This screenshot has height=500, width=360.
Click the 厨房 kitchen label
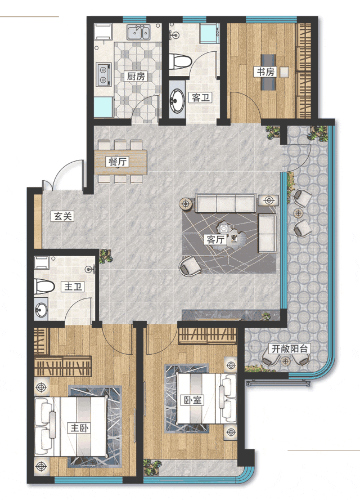click(136, 76)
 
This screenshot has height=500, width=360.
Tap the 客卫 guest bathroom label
click(200, 97)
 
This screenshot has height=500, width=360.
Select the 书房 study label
click(265, 72)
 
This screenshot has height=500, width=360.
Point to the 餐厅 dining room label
click(118, 162)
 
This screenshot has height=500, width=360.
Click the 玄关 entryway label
click(63, 216)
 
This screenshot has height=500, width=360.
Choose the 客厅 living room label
click(215, 239)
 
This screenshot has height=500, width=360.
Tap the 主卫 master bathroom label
click(73, 287)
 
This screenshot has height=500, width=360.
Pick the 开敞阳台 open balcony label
click(289, 349)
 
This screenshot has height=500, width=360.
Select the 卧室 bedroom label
click(192, 400)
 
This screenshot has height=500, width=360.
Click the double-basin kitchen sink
click(138, 32)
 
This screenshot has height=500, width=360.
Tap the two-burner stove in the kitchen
click(104, 74)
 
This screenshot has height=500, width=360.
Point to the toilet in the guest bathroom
click(179, 61)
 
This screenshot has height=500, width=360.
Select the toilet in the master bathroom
click(44, 287)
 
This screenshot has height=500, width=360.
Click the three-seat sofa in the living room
click(226, 203)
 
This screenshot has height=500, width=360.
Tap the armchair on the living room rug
click(190, 266)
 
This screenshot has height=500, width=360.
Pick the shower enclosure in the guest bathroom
click(209, 33)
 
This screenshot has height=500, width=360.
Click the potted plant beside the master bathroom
click(105, 256)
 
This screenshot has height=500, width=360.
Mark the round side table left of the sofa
click(186, 203)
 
